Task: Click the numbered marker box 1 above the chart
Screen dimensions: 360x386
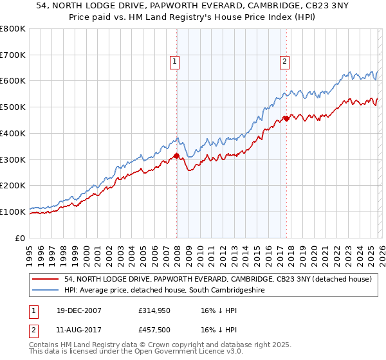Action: (x=174, y=62)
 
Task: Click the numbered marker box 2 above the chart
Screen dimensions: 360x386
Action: (x=284, y=62)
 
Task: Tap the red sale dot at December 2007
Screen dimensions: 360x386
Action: (x=176, y=155)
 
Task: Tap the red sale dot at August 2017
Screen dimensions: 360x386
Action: (x=286, y=118)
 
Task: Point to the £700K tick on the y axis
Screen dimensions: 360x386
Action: (x=14, y=55)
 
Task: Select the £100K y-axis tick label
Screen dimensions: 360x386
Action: (x=14, y=212)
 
